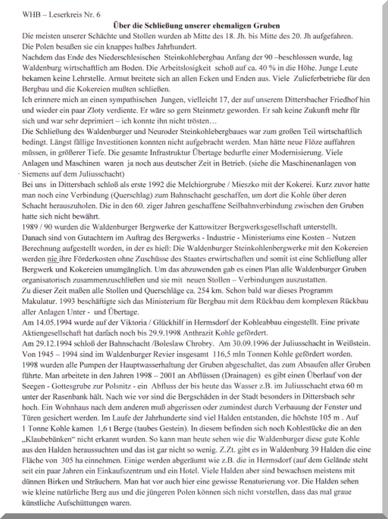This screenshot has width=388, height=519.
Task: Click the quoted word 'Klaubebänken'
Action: (x=48, y=439)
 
